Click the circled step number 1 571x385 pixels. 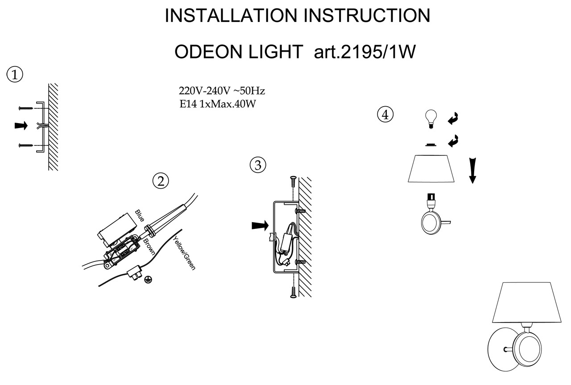pyautogui.click(x=15, y=75)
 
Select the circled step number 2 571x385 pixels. pyautogui.click(x=161, y=181)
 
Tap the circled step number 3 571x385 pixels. pyautogui.click(x=257, y=165)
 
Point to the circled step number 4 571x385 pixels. pyautogui.click(x=385, y=114)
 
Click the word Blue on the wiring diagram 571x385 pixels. pyautogui.click(x=139, y=215)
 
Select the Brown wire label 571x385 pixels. pyautogui.click(x=149, y=246)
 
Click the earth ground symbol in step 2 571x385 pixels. pyautogui.click(x=148, y=280)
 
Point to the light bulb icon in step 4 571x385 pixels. pyautogui.click(x=430, y=119)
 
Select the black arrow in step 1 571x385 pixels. pyautogui.click(x=21, y=126)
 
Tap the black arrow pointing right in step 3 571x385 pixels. pyautogui.click(x=260, y=226)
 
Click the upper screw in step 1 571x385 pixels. pyautogui.click(x=27, y=108)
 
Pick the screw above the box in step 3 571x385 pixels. pyautogui.click(x=293, y=182)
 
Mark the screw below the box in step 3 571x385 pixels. pyautogui.click(x=293, y=292)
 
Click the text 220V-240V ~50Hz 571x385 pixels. pyautogui.click(x=222, y=91)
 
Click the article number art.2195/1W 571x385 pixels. pyautogui.click(x=365, y=52)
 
